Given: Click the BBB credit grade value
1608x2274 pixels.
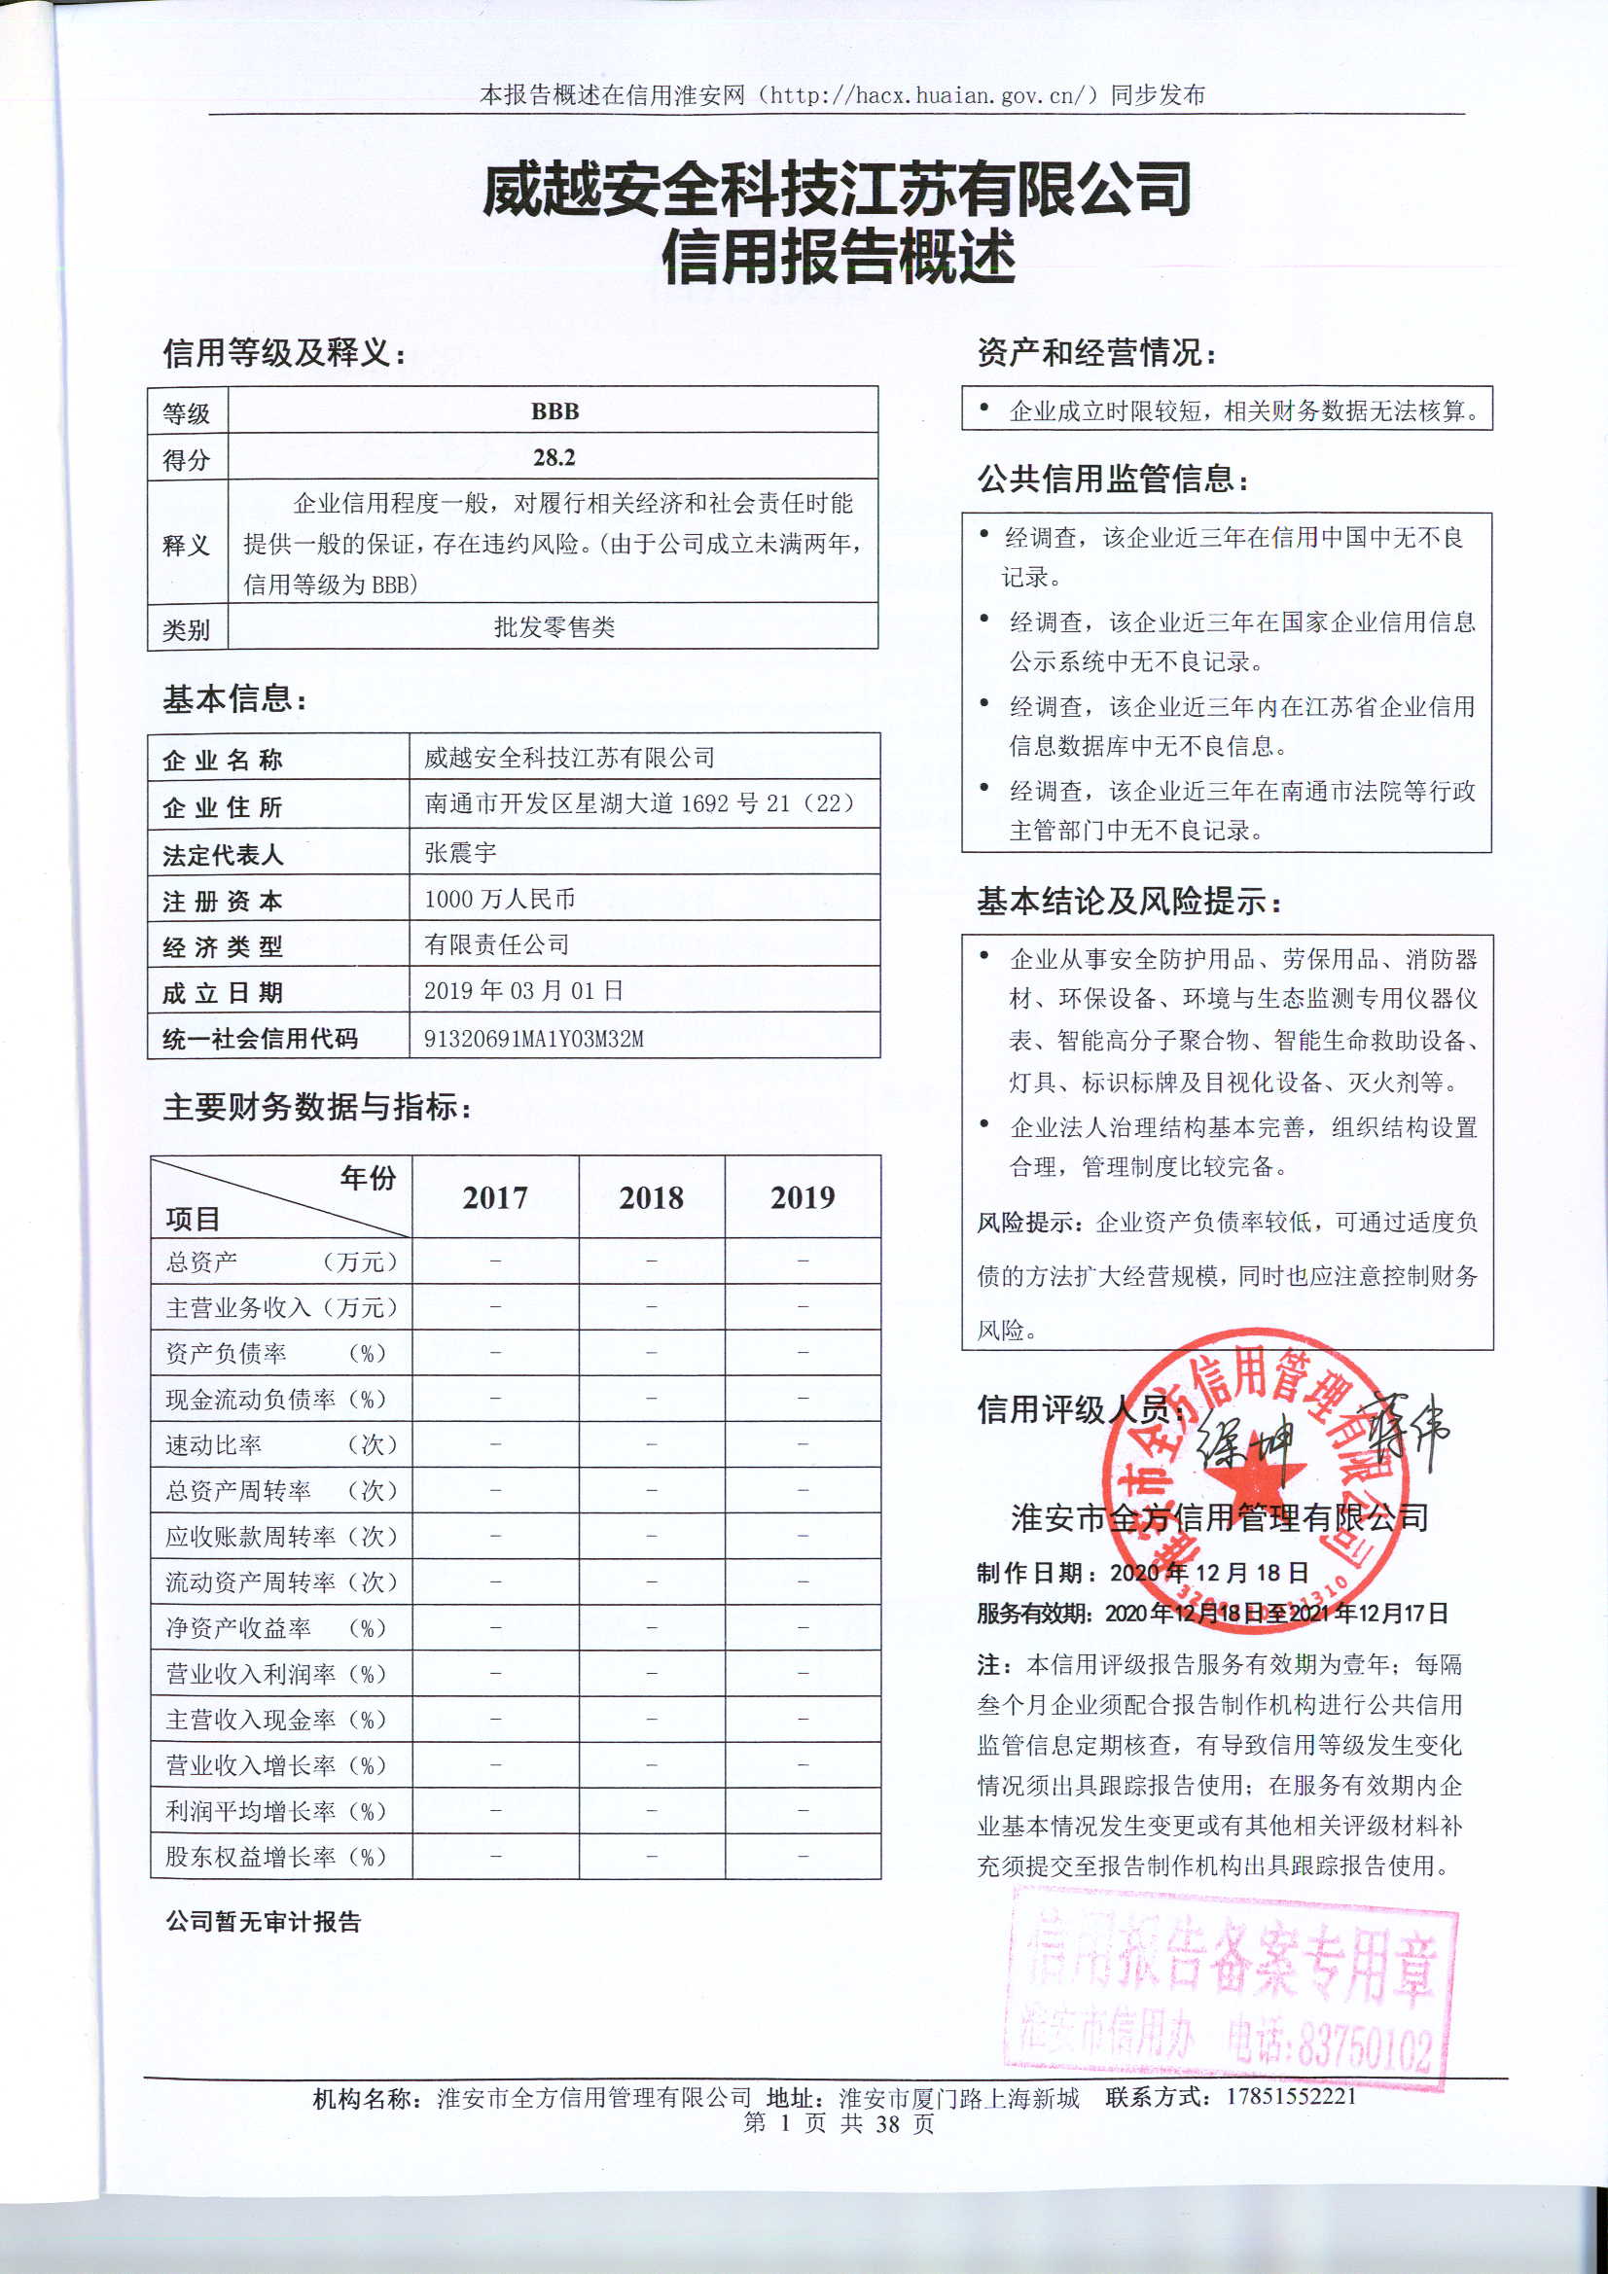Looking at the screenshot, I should point(554,411).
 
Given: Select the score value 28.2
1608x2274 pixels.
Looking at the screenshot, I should point(554,457).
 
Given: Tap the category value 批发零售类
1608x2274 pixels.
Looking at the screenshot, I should point(554,627).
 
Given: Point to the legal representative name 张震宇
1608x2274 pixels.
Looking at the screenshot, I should point(461,852).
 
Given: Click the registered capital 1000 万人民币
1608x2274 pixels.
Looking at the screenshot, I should point(499,899).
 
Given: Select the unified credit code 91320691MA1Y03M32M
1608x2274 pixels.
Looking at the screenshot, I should point(533,1038).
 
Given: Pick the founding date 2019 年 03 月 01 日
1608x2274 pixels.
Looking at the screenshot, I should point(523,990).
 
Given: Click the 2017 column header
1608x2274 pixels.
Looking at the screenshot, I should point(495,1197).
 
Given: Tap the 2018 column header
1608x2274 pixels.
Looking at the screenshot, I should point(651,1197).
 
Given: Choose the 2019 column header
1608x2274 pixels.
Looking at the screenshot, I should point(803,1197).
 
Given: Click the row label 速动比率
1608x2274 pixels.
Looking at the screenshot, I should point(214,1445).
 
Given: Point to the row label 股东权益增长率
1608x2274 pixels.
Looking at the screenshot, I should point(251,1856).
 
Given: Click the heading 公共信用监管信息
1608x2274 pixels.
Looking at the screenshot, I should point(1113,480).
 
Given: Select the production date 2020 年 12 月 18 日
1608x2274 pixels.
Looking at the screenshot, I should point(1209,1573).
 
